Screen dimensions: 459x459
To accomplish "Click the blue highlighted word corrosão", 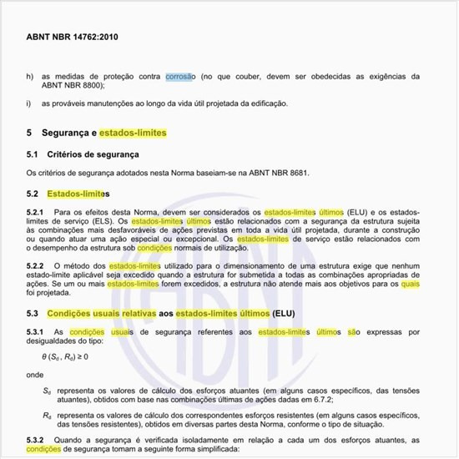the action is click(179, 77).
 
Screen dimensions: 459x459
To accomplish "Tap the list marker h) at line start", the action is click(30, 77).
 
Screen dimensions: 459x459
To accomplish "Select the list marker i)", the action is click(29, 103).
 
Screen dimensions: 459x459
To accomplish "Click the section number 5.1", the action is click(33, 154).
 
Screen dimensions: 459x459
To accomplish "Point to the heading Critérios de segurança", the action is click(93, 154).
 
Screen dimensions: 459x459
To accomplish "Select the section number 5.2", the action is click(33, 194).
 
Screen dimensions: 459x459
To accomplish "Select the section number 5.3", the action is click(33, 313).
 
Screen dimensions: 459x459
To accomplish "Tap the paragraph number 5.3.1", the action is click(36, 332).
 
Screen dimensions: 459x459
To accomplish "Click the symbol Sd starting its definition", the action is click(47, 390).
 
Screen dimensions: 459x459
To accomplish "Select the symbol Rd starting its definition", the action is click(47, 415).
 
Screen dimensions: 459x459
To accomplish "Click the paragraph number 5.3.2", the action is click(36, 440).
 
